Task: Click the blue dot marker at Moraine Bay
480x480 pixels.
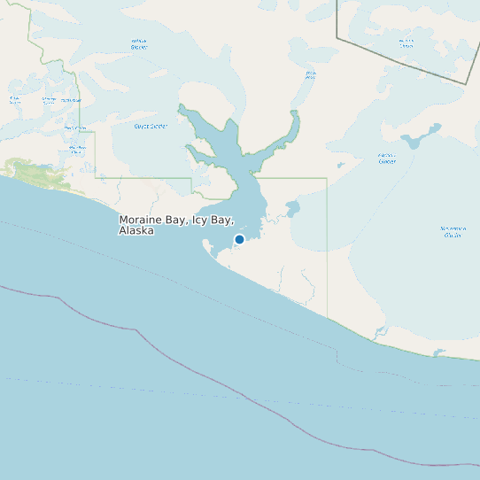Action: pos(239,239)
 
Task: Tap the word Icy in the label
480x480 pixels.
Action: pos(194,219)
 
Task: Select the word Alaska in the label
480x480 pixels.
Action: pos(136,230)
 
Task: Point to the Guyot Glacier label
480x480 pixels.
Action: pos(151,126)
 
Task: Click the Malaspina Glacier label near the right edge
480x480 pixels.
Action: pos(453,231)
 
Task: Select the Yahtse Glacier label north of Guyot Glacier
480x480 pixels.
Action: pos(139,43)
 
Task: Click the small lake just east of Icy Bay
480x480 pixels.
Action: pos(293,209)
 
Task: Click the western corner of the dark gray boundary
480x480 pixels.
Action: pos(337,38)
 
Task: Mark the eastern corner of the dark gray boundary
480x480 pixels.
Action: pos(466,83)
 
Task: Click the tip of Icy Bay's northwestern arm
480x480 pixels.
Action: pos(182,107)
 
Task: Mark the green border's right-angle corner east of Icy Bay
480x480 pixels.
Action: pos(327,178)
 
